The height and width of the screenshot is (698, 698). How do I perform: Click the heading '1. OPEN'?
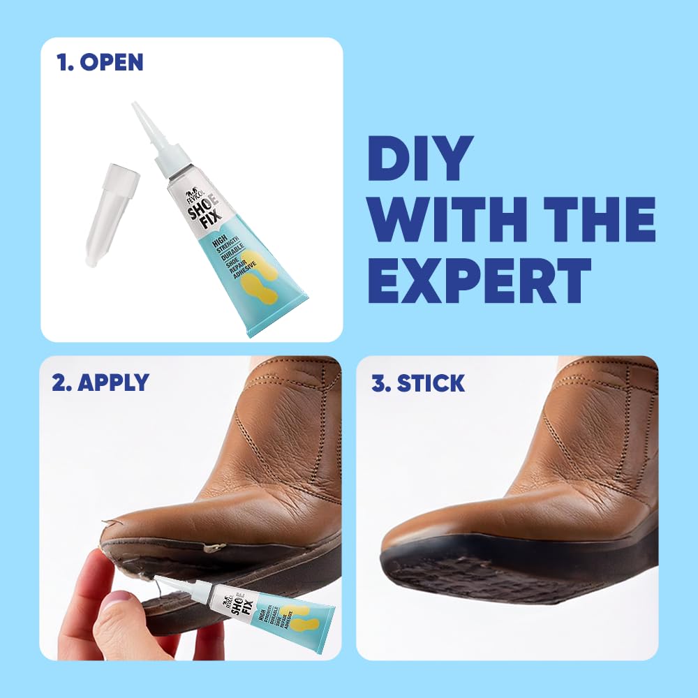coord(100,62)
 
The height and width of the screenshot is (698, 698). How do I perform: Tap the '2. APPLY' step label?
coord(100,382)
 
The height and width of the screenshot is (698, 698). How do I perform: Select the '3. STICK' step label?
coord(418,383)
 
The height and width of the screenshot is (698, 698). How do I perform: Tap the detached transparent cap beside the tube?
coord(112,213)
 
